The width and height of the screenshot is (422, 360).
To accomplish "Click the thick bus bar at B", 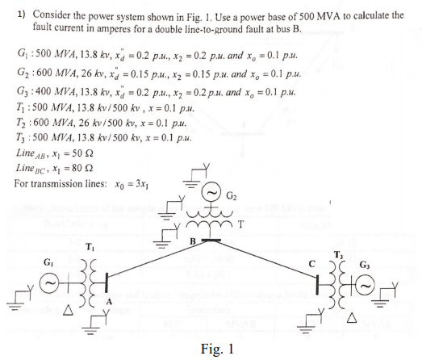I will [211, 240].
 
